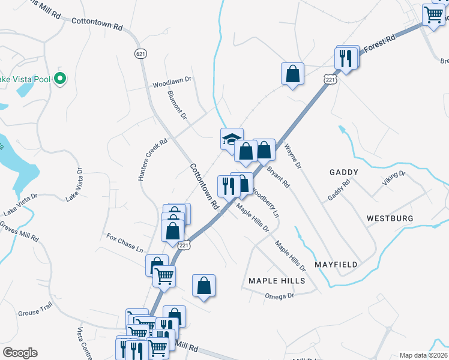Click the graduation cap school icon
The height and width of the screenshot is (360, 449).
pos(231,139)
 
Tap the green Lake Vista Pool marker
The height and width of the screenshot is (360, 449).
pos(60,79)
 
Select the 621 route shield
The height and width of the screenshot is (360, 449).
pos(140,54)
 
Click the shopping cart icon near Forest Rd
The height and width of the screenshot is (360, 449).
pos(433,14)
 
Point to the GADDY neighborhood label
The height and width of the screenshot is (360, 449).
pos(344,172)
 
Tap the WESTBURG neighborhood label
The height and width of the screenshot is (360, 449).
pos(390,218)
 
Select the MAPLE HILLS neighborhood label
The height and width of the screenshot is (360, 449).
pos(277,281)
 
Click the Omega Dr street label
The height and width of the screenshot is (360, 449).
pos(282,295)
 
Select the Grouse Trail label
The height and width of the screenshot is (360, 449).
pos(35,312)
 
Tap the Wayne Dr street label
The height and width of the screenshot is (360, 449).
pos(295,155)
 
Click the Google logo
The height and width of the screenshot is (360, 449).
pos(20,353)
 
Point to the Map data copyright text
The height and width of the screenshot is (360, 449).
pos(423,355)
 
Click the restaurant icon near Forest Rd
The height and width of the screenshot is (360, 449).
pos(345,58)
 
